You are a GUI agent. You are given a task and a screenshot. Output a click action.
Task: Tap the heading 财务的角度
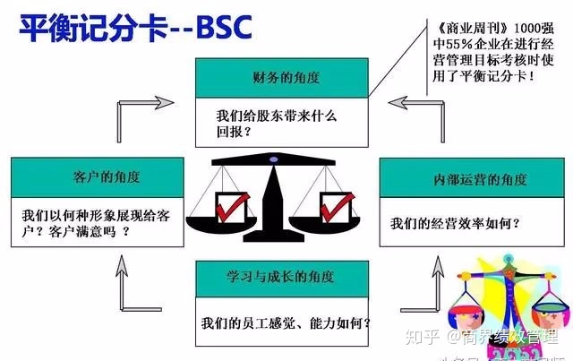(x=284, y=80)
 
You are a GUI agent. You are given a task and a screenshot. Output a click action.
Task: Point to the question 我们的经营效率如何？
(x=457, y=222)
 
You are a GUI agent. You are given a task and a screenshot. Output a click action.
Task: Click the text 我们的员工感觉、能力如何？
(x=286, y=322)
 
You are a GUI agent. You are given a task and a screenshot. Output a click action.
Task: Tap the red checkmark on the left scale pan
(x=227, y=207)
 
